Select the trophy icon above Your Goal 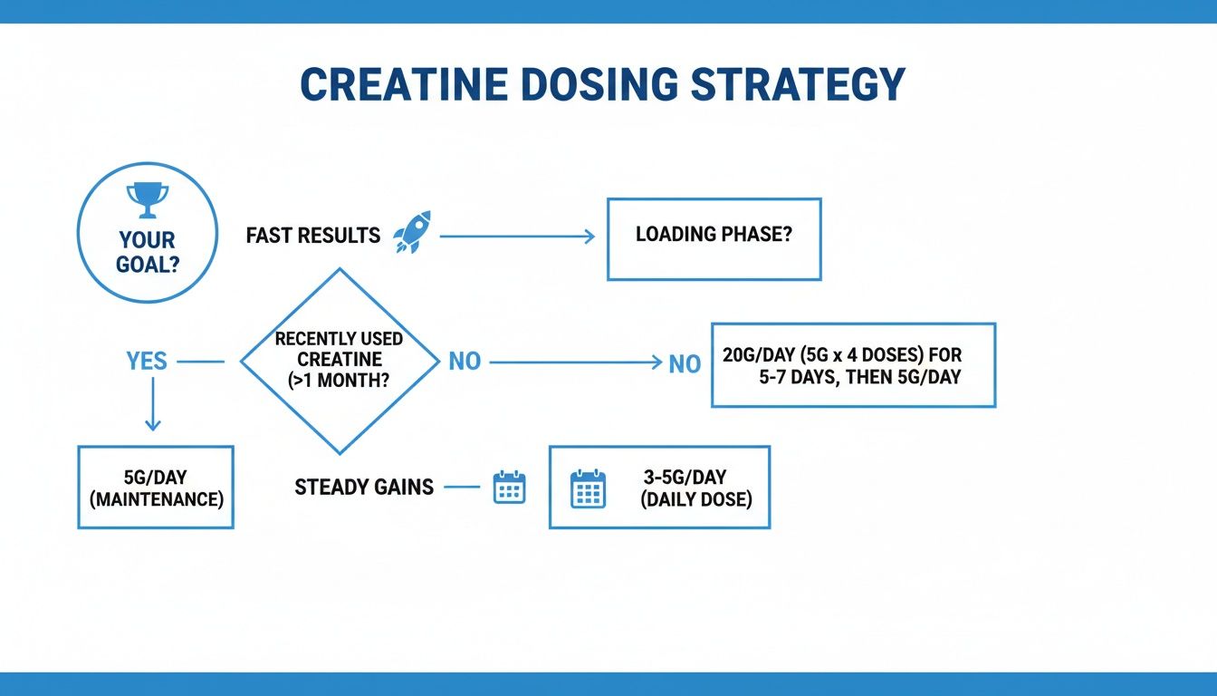(147, 198)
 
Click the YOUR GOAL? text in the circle (147, 254)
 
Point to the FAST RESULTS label (312, 237)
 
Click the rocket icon (412, 232)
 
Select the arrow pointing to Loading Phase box (517, 237)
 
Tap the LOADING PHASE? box (714, 239)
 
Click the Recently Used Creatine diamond (339, 361)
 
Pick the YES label (147, 362)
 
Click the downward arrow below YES (152, 403)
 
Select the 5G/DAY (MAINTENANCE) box (156, 487)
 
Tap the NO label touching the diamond (465, 362)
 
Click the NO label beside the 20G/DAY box (685, 364)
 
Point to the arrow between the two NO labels (576, 362)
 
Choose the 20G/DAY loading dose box (853, 365)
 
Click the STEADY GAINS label (364, 488)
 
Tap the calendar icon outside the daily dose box (509, 488)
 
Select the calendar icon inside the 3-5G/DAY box (588, 488)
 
